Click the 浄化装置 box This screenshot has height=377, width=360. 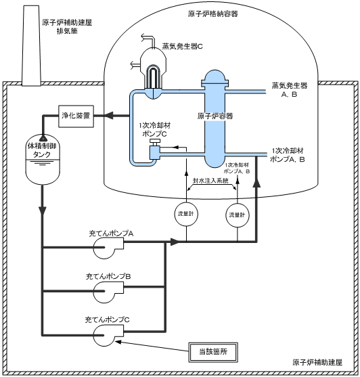(76, 116)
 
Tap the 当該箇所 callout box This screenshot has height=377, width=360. (213, 352)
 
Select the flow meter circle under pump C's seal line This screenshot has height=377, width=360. (186, 214)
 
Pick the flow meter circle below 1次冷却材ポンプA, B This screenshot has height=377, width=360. (238, 215)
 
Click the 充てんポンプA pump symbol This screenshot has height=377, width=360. (108, 248)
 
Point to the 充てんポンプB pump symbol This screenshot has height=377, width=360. (108, 292)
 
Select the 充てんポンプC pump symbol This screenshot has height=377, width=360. (108, 335)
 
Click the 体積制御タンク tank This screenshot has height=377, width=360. (43, 160)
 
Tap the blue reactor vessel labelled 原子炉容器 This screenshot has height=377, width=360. (215, 119)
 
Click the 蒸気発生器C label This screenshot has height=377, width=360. (183, 46)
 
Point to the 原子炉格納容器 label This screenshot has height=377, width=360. (213, 14)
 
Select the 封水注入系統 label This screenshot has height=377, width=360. (210, 180)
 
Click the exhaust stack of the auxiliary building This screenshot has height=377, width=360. (31, 45)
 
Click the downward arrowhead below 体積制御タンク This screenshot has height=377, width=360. (43, 210)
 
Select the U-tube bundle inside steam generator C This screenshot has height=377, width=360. (153, 76)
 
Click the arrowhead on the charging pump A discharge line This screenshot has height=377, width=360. (175, 242)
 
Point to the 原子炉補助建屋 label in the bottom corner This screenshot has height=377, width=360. (317, 362)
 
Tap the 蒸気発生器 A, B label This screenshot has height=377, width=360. (290, 90)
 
